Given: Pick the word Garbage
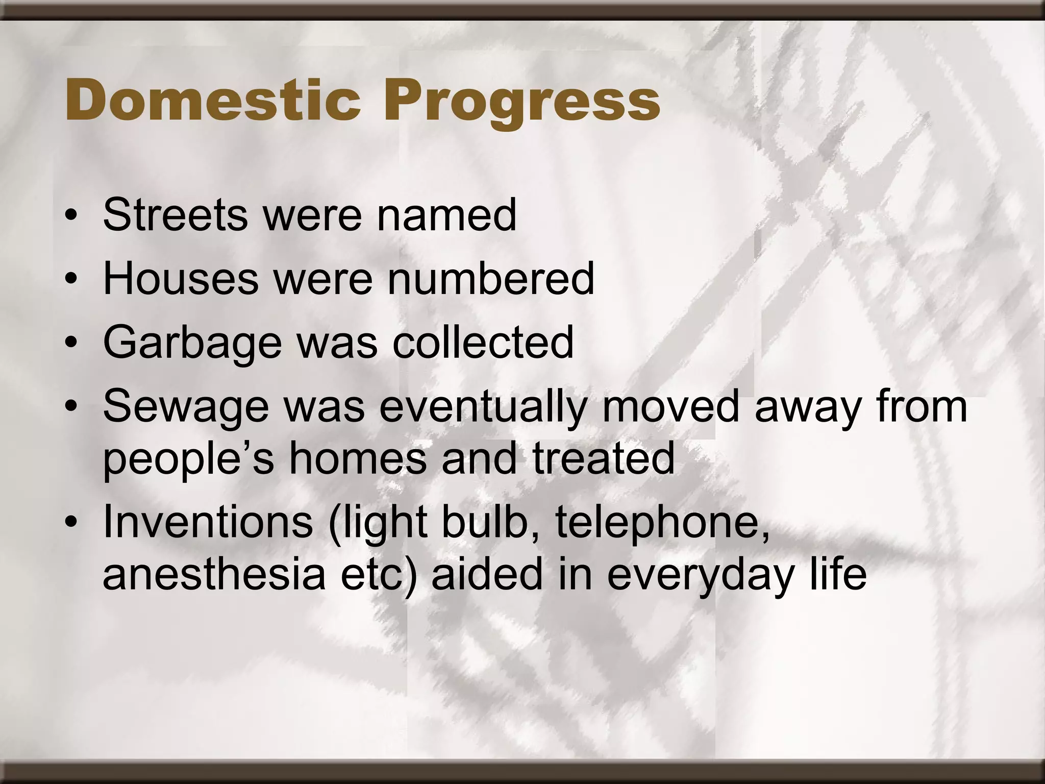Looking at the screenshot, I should tap(192, 343).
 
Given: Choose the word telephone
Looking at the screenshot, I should tap(663, 523).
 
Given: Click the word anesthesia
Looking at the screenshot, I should tap(214, 574).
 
